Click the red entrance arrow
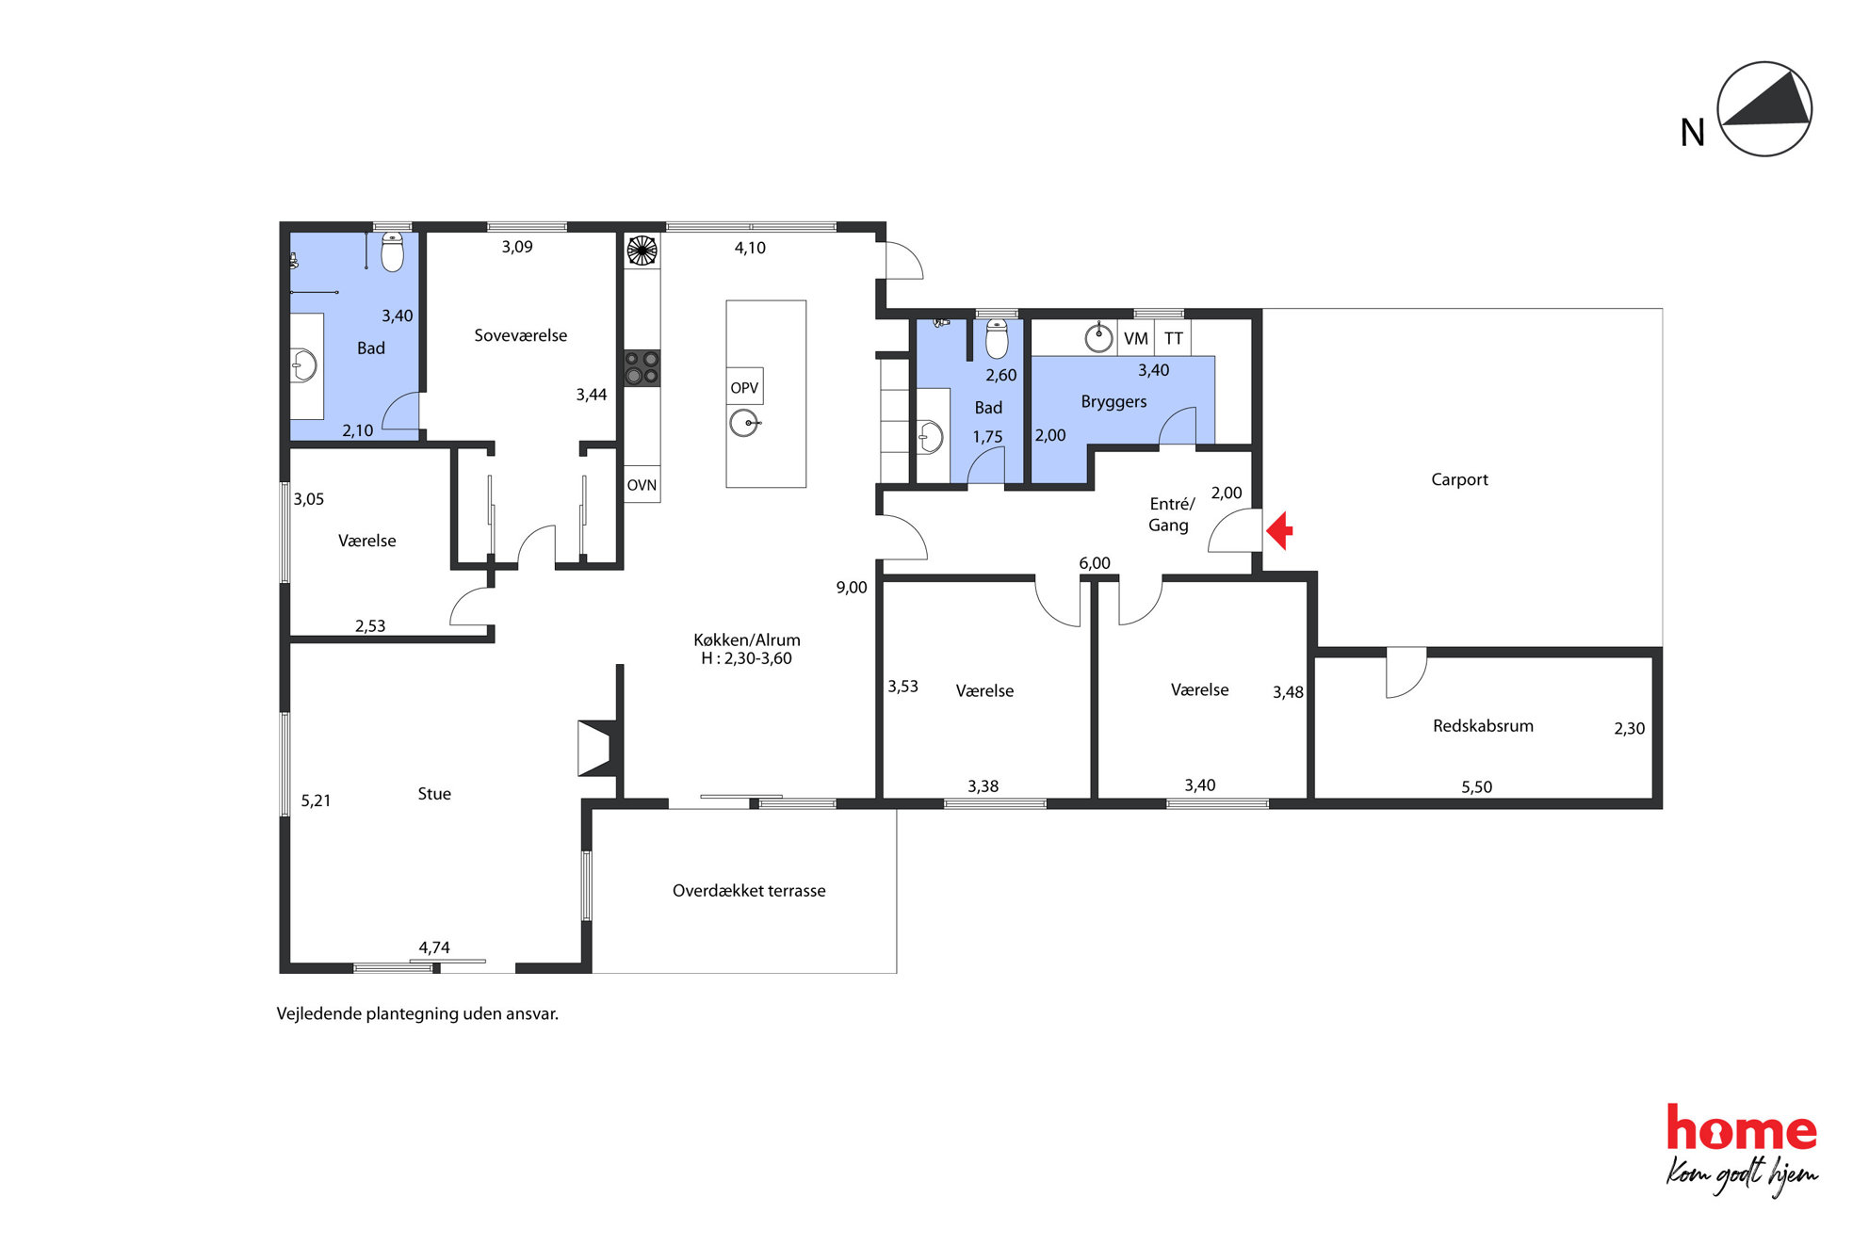pyautogui.click(x=1279, y=530)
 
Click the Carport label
pyautogui.click(x=1459, y=479)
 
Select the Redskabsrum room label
pyautogui.click(x=1483, y=725)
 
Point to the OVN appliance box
pyautogui.click(x=642, y=484)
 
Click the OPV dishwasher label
pyautogui.click(x=744, y=387)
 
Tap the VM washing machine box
pyautogui.click(x=1135, y=338)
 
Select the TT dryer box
pyautogui.click(x=1173, y=338)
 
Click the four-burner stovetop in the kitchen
pyautogui.click(x=642, y=367)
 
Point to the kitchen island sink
pyautogui.click(x=744, y=423)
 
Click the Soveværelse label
pyautogui.click(x=520, y=335)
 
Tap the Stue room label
pyautogui.click(x=434, y=794)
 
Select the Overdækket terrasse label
pyautogui.click(x=749, y=890)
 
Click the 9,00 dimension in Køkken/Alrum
pyautogui.click(x=852, y=588)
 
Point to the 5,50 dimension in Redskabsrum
pyautogui.click(x=1476, y=786)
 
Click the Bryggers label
pyautogui.click(x=1113, y=401)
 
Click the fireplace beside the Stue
pyautogui.click(x=597, y=748)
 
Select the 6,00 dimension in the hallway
pyautogui.click(x=1095, y=563)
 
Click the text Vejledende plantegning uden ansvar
pyautogui.click(x=417, y=1013)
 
